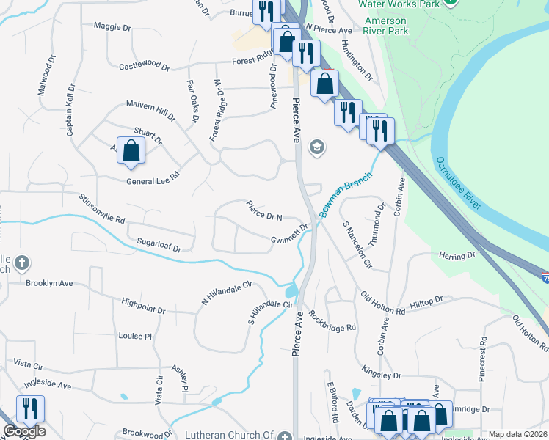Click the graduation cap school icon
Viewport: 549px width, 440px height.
coord(317,147)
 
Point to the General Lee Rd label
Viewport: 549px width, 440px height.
coord(153,182)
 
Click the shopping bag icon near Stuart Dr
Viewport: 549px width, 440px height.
coord(131,151)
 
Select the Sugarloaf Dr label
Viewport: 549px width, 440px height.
coord(158,244)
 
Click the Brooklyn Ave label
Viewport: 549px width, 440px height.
coord(49,282)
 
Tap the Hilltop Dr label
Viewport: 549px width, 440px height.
coord(426,301)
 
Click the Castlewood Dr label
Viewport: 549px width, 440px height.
coord(144,67)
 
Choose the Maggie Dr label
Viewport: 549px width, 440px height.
coord(112,26)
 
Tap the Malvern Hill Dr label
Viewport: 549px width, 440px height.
coord(151,110)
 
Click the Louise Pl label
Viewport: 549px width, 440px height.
coord(134,336)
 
